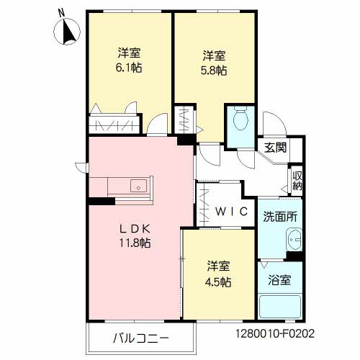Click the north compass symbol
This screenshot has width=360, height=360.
pyautogui.click(x=67, y=32)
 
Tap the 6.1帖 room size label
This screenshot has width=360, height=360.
pyautogui.click(x=129, y=68)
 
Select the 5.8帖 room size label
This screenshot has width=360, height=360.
pyautogui.click(x=214, y=71)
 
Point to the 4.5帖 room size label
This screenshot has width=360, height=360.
pyautogui.click(x=218, y=282)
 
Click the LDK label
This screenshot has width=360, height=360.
pyautogui.click(x=135, y=229)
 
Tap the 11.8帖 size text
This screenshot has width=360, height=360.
pyautogui.click(x=135, y=243)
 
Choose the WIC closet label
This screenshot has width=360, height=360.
pyautogui.click(x=231, y=212)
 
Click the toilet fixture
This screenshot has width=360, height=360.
pyautogui.click(x=240, y=119)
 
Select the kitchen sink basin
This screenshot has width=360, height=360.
pyautogui.click(x=138, y=186)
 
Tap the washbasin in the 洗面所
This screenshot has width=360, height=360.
pyautogui.click(x=294, y=239)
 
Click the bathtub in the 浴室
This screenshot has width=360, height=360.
pyautogui.click(x=280, y=307)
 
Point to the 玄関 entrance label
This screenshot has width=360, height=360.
pyautogui.click(x=276, y=148)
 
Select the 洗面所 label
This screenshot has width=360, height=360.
pyautogui.click(x=280, y=217)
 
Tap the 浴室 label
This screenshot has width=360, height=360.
pyautogui.click(x=279, y=280)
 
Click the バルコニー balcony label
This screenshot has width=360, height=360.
pyautogui.click(x=141, y=338)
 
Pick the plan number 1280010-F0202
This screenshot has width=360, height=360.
pyautogui.click(x=275, y=333)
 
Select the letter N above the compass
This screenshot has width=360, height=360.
pyautogui.click(x=62, y=12)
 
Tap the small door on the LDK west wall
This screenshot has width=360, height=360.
pyautogui.click(x=81, y=166)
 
